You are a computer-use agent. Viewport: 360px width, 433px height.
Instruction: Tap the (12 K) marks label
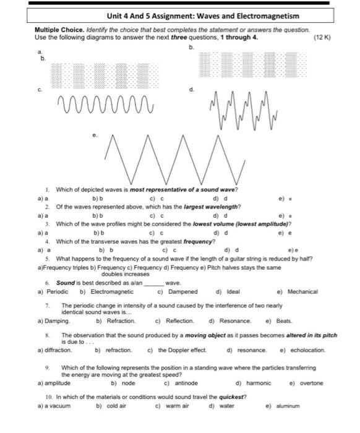click(322, 37)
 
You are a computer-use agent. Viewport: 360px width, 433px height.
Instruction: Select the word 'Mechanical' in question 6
click(302, 291)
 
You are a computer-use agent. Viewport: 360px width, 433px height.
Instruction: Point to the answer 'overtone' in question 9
click(311, 383)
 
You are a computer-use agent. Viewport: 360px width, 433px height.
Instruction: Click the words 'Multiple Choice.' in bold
click(54, 30)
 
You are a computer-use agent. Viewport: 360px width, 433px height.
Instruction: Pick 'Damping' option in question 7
click(57, 321)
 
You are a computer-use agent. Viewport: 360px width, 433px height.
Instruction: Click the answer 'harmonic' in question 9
click(258, 383)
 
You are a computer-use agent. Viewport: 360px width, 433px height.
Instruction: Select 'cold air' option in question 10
click(116, 406)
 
